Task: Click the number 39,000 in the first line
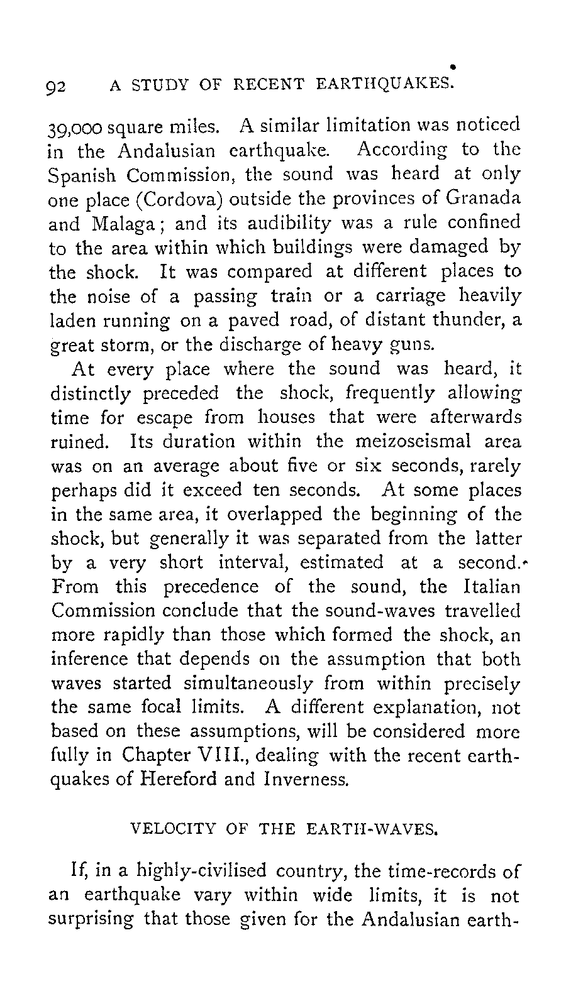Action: [x=70, y=126]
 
